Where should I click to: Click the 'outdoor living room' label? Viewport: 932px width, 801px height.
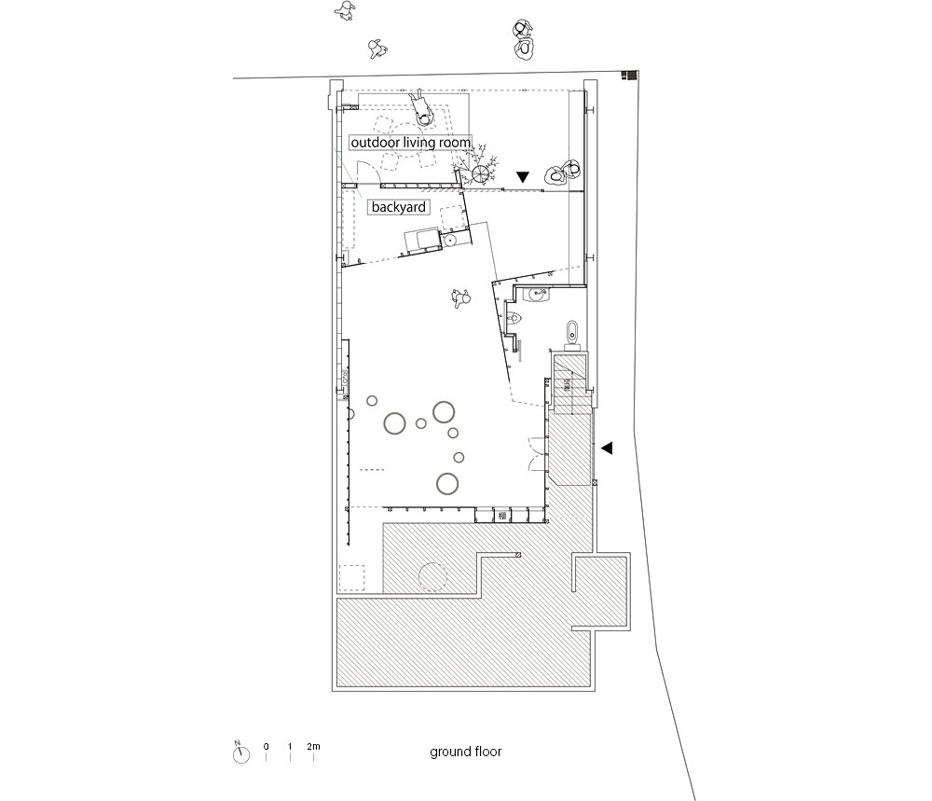click(410, 143)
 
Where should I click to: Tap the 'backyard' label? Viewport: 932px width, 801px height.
click(398, 207)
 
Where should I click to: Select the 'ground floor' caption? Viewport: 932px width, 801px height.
click(466, 753)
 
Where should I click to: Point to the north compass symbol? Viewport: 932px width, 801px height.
click(240, 753)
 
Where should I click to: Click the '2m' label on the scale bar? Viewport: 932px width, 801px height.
click(313, 746)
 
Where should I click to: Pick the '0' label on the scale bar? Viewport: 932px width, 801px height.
click(266, 746)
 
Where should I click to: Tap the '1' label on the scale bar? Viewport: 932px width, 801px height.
click(290, 746)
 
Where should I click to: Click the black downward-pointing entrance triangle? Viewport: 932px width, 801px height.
click(523, 176)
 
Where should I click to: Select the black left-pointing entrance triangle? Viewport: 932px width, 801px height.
click(607, 448)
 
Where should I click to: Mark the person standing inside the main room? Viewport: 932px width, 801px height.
click(460, 297)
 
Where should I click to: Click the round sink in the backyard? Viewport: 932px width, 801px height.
click(449, 241)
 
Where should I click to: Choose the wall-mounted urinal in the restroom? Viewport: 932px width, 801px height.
click(514, 319)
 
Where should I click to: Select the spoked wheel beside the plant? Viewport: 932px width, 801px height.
click(480, 174)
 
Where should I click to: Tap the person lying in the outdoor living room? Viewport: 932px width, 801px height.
click(423, 107)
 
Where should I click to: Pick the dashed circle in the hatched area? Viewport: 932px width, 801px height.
click(432, 576)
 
